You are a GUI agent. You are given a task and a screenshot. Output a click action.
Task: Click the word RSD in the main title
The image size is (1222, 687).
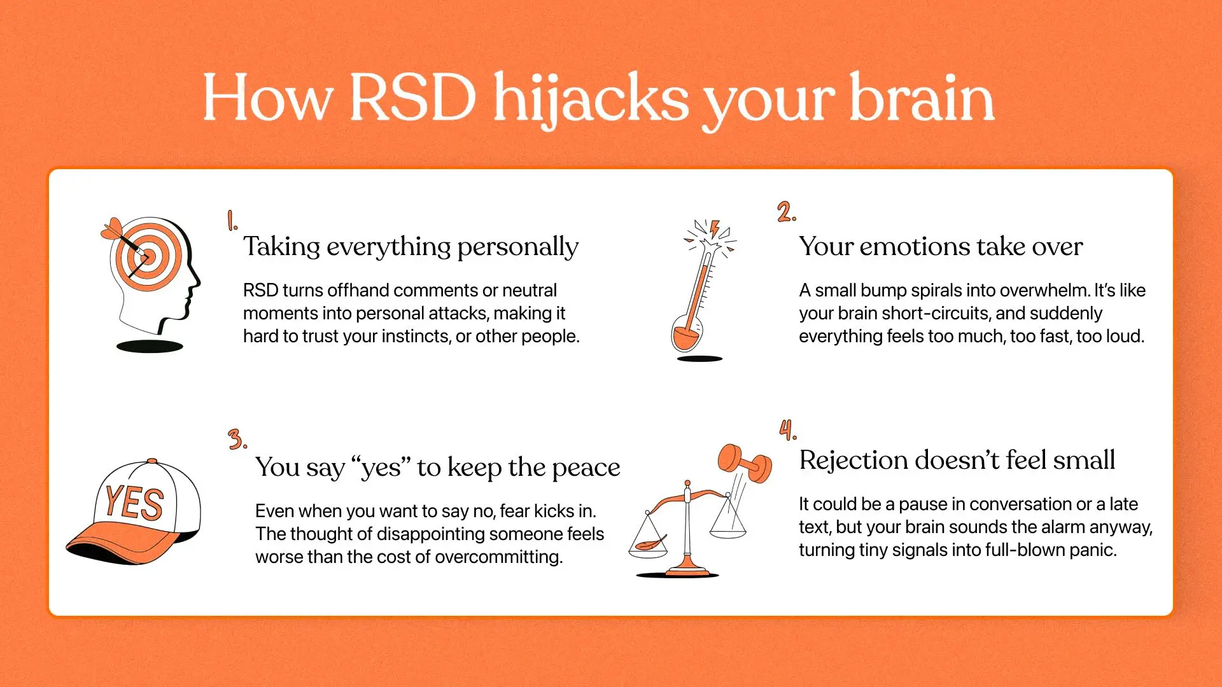(x=412, y=97)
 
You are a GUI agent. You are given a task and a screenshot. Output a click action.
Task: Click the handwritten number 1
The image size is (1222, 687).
(x=232, y=221)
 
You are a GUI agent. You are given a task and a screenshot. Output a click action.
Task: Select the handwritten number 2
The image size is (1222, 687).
(x=786, y=211)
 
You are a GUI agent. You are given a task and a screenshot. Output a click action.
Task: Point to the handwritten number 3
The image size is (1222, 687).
(x=237, y=439)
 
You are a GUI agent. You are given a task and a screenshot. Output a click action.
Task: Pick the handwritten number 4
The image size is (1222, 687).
(x=788, y=430)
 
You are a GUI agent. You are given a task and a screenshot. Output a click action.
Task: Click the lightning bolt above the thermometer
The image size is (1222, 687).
(x=715, y=228)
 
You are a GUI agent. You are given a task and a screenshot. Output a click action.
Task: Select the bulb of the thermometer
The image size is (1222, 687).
(x=686, y=337)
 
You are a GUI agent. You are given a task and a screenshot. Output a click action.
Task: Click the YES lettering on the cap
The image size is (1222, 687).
(x=134, y=503)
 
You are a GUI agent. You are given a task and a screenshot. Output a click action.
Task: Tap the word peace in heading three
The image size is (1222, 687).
(x=586, y=468)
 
